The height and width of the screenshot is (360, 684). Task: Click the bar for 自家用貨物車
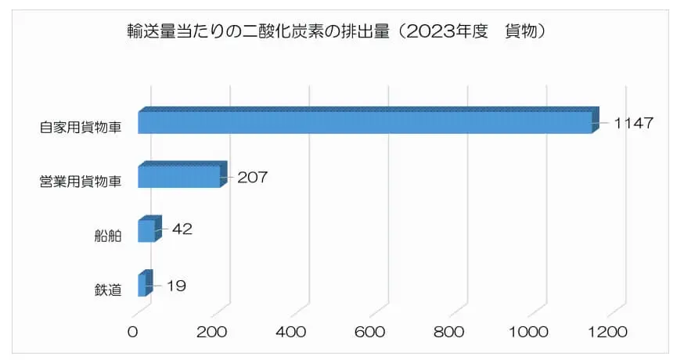pos(365,122)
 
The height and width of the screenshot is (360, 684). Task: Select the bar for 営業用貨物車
pos(179,176)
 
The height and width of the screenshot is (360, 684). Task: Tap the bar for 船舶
pos(146,231)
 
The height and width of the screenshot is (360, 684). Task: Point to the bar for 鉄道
pos(142,285)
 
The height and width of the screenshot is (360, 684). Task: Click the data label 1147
pos(633,123)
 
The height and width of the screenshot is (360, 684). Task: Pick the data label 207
pos(252,177)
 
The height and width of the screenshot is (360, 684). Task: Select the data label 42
pos(182,229)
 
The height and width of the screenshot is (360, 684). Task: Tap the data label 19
pos(175,286)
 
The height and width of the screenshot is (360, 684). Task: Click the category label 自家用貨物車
pos(81,127)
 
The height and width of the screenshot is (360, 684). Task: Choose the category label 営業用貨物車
pos(81,182)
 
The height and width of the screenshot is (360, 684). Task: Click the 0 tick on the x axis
pos(133,332)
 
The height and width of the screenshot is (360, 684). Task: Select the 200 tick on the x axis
pos(212,332)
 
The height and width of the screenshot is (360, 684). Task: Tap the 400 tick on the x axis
pos(291,332)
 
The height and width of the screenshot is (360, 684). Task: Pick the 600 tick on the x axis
pos(370,332)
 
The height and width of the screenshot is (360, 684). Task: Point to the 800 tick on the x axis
pos(449,332)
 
